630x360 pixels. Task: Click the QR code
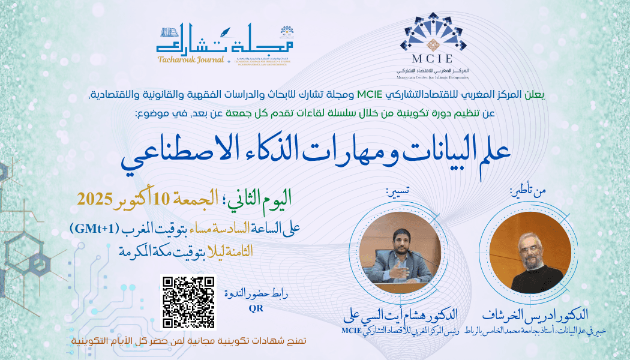pos(188,302)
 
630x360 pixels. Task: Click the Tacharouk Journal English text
pos(190,59)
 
